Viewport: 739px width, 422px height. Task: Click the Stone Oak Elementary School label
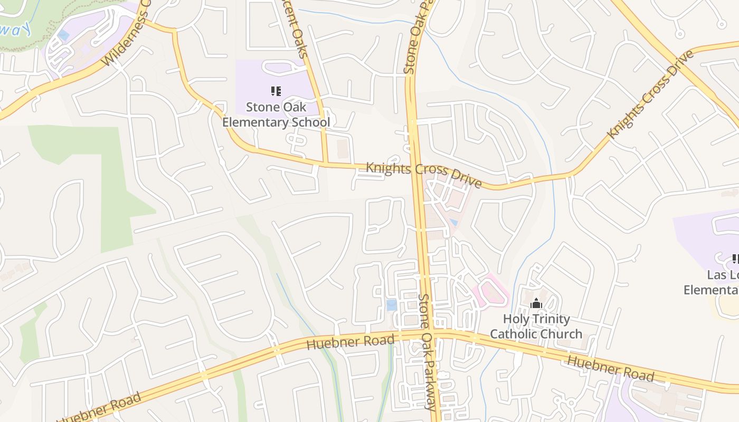[x=276, y=115]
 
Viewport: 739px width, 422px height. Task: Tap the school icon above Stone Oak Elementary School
[x=276, y=91]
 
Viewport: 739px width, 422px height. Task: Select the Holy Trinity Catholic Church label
[x=536, y=327]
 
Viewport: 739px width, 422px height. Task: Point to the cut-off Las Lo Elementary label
[x=713, y=283]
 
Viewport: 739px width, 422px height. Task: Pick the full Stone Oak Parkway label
[x=428, y=351]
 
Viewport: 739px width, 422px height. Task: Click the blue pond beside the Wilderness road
[x=63, y=35]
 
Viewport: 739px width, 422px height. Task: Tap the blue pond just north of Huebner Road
[x=391, y=305]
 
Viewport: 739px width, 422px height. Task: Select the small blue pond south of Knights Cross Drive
[x=453, y=222]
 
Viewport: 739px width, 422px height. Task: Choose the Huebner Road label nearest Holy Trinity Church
[x=610, y=368]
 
